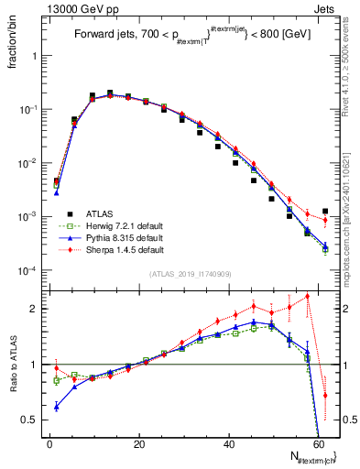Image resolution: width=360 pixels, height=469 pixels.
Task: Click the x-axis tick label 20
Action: point(138,444)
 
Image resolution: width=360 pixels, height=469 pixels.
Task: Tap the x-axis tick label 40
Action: point(228,444)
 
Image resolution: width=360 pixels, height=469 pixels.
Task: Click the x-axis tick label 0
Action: point(49,444)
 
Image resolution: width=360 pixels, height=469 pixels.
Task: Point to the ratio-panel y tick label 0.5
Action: point(31,420)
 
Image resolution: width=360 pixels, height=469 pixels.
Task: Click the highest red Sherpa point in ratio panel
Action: point(308,296)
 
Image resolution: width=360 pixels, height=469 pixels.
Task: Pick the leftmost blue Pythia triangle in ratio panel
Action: point(57,407)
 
